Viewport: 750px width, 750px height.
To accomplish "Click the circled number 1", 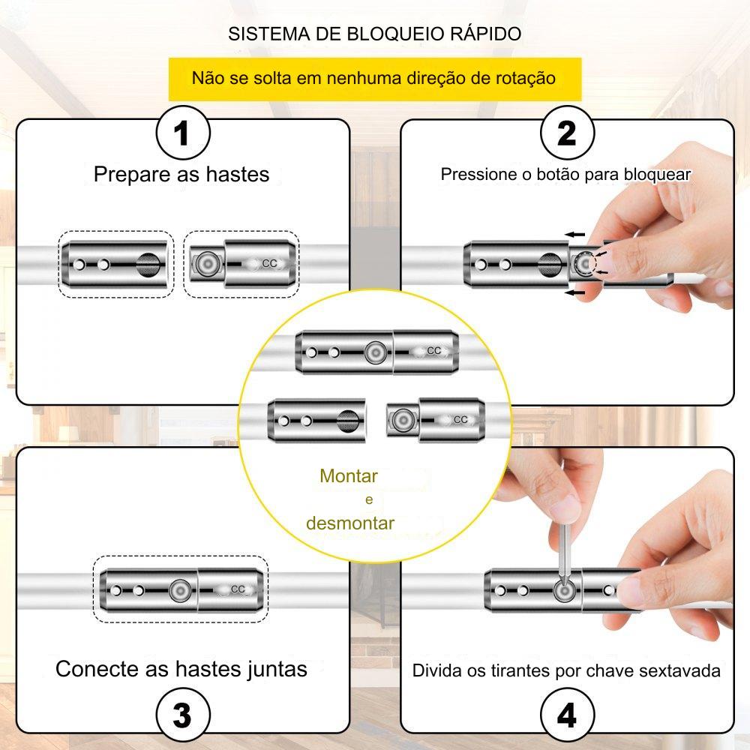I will point(181,136).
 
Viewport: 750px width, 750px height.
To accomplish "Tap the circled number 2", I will point(567,136).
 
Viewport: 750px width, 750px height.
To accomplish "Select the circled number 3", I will point(181,715).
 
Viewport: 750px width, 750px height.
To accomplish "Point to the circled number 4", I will point(567,715).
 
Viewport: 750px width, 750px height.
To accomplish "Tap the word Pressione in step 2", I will point(477,175).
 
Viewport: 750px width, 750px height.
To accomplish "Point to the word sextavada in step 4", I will point(679,670).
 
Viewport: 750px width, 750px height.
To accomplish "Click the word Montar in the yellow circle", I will point(348,476).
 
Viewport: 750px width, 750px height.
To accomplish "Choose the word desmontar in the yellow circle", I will point(349,523).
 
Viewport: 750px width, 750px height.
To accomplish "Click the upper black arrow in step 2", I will point(575,235).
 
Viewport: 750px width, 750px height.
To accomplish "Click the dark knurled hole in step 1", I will point(148,264).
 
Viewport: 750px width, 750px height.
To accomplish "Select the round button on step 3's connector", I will point(179,591).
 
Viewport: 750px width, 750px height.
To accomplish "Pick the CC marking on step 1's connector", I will point(270,263).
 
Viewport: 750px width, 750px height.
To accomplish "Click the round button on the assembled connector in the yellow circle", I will point(374,352).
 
